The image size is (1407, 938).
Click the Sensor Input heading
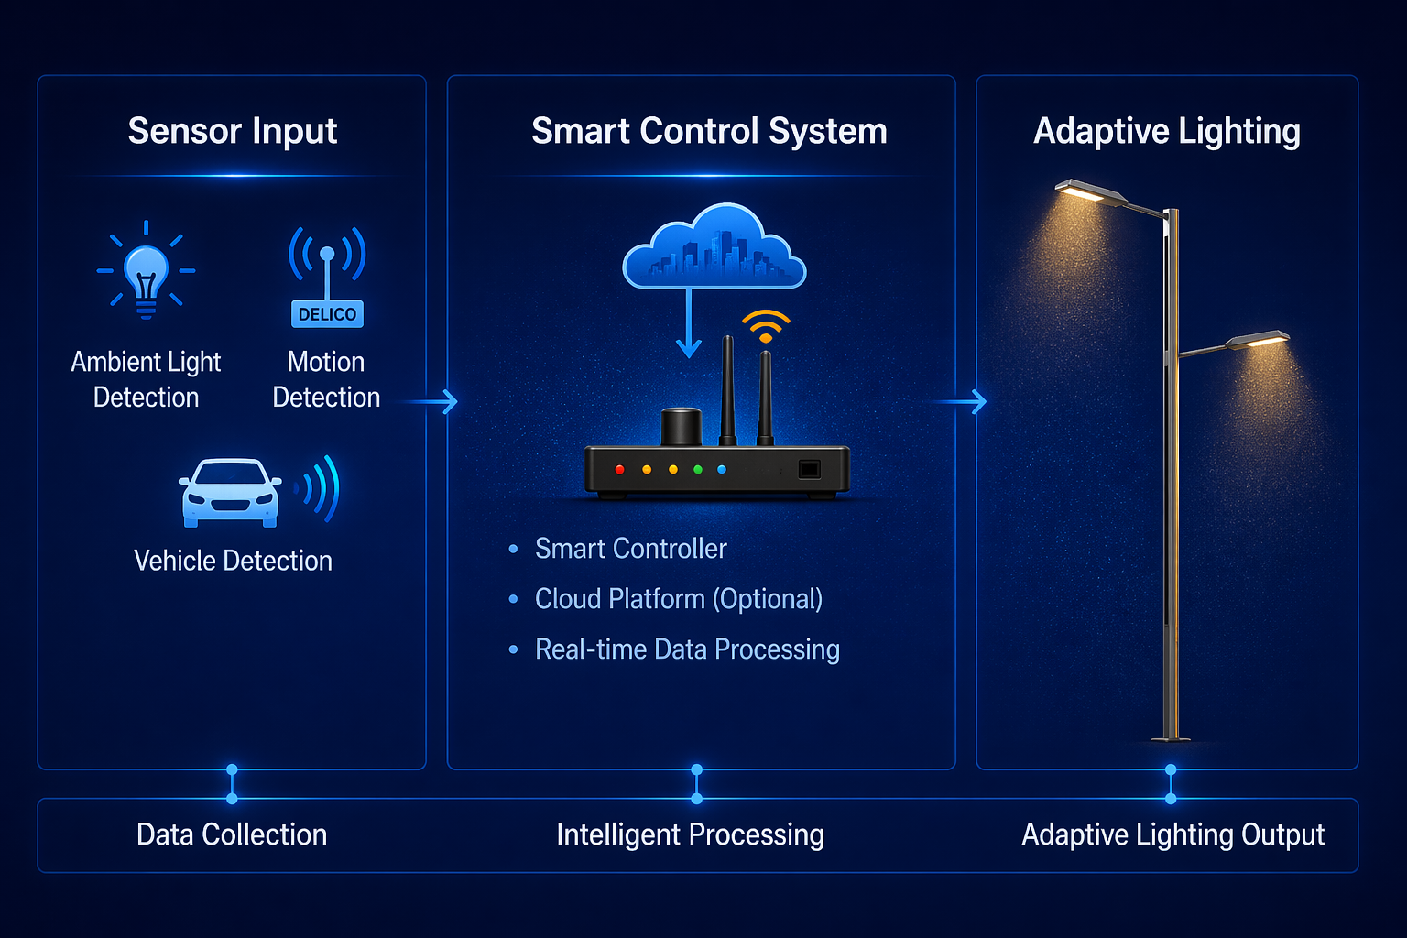click(x=233, y=131)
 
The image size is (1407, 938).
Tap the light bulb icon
click(x=146, y=271)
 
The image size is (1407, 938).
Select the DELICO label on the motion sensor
click(x=327, y=314)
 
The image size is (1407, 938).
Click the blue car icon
click(x=230, y=493)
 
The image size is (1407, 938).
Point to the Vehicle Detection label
click(x=233, y=561)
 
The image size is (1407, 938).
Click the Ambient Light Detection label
click(x=146, y=379)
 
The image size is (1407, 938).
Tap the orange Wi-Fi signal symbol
click(x=766, y=326)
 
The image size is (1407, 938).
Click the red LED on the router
click(x=620, y=469)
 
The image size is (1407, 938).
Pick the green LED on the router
click(x=698, y=469)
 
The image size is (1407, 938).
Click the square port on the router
click(x=809, y=469)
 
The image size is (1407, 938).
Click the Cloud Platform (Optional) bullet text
click(x=678, y=599)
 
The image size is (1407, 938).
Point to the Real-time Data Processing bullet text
click(x=687, y=649)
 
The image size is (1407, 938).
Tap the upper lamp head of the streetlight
click(x=1090, y=192)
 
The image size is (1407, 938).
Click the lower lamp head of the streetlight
click(x=1259, y=341)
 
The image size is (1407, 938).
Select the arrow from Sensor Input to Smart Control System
click(x=432, y=401)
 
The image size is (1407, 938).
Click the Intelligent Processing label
click(x=690, y=834)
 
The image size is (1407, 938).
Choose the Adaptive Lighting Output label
click(x=1172, y=834)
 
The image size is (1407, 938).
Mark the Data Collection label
click(x=232, y=834)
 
